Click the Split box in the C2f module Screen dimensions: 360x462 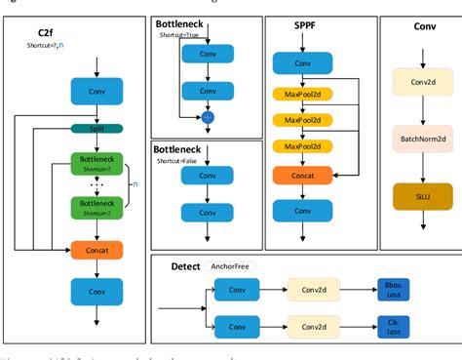tap(96, 128)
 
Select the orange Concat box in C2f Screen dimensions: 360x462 tap(96, 249)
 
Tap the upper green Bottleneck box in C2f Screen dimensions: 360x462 tap(96, 163)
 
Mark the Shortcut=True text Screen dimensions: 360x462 tap(180, 34)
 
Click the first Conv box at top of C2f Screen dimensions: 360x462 tap(96, 91)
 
